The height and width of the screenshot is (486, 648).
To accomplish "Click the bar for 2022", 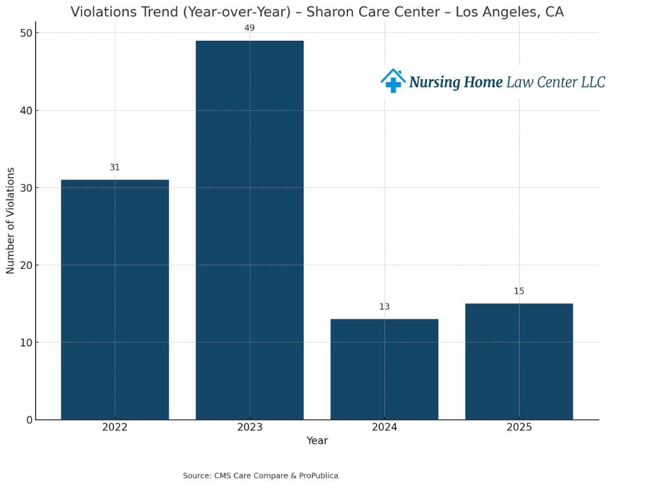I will pos(115,299).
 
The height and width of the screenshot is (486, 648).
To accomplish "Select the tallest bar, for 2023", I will pos(249,230).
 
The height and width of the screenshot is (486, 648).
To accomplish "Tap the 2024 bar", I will pos(384,369).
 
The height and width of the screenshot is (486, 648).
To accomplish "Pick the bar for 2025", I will pos(519,362).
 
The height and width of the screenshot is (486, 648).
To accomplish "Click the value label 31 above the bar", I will pos(115,167).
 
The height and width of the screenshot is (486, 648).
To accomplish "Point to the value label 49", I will pos(249,28).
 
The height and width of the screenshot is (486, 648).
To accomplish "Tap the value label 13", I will pos(384,307).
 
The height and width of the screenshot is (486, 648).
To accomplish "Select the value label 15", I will pos(519,291).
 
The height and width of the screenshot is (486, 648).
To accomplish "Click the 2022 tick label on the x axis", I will pos(115,428).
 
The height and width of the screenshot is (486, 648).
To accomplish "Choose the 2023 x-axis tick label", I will pos(249,428).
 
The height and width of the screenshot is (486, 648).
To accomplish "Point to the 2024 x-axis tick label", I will pos(384,428).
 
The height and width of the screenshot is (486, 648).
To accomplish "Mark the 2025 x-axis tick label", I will pos(519,428).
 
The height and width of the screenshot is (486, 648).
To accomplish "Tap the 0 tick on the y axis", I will pos(29,420).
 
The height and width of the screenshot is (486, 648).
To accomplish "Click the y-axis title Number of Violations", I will pos(10,220).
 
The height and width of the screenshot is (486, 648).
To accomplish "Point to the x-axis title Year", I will pos(317,441).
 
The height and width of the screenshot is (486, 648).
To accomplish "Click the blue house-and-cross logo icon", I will pos(393,81).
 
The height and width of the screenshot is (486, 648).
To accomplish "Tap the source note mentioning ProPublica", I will pos(260,476).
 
